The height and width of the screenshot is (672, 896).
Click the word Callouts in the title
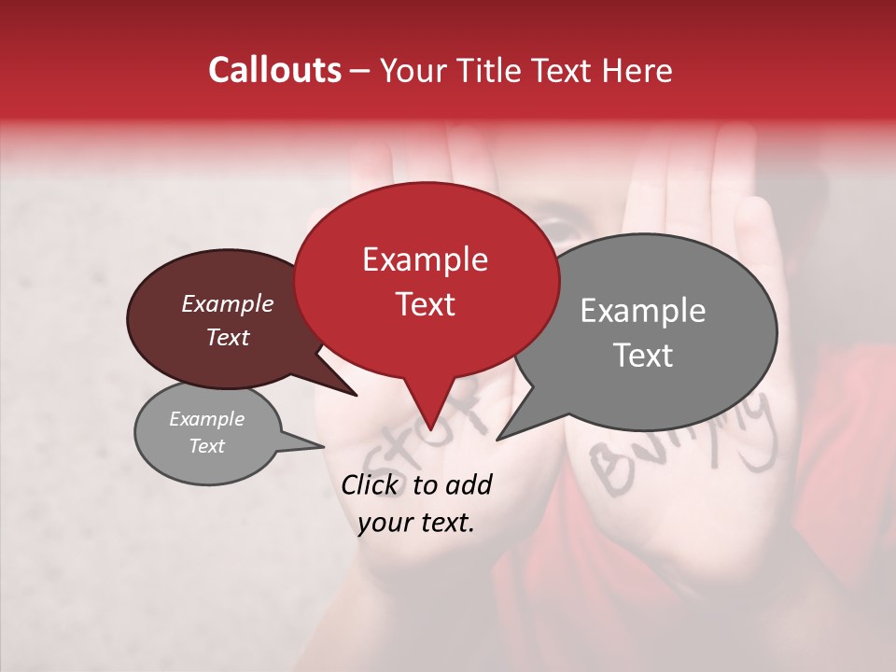tap(274, 70)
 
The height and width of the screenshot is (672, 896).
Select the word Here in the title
tap(637, 70)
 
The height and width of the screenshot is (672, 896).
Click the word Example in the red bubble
tap(425, 259)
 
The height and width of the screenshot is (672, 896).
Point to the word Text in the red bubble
tap(425, 304)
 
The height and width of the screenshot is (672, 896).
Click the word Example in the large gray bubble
tap(643, 311)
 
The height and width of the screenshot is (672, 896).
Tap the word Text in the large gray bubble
tap(643, 356)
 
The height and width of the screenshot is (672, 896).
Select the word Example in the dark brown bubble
tap(227, 303)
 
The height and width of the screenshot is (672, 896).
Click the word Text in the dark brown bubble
tap(227, 337)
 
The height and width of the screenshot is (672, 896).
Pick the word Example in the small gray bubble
tap(206, 419)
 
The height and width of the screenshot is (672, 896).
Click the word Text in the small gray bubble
tap(206, 446)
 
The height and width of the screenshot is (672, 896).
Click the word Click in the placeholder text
tap(371, 484)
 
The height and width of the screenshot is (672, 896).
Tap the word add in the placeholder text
tap(469, 484)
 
